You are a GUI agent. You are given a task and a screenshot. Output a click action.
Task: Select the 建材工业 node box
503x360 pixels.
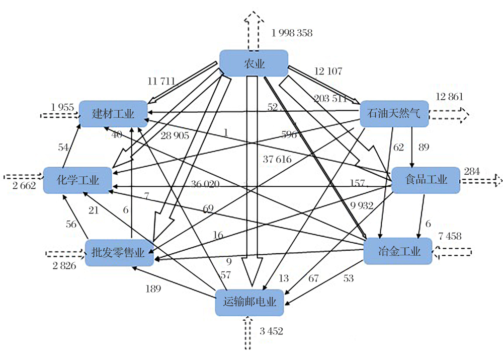point(114,113)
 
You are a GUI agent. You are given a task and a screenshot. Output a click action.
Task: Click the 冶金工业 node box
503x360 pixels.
point(398,251)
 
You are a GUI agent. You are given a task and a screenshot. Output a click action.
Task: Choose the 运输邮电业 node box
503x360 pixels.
point(250,302)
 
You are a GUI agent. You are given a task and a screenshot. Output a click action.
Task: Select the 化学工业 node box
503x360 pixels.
point(77,179)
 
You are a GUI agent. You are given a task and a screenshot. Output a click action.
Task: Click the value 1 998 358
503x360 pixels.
point(292,33)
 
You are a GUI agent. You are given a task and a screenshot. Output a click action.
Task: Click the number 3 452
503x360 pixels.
point(271,331)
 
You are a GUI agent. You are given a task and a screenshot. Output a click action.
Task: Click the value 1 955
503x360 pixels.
point(62,107)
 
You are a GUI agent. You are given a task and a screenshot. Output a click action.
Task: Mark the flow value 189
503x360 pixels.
point(152,289)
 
